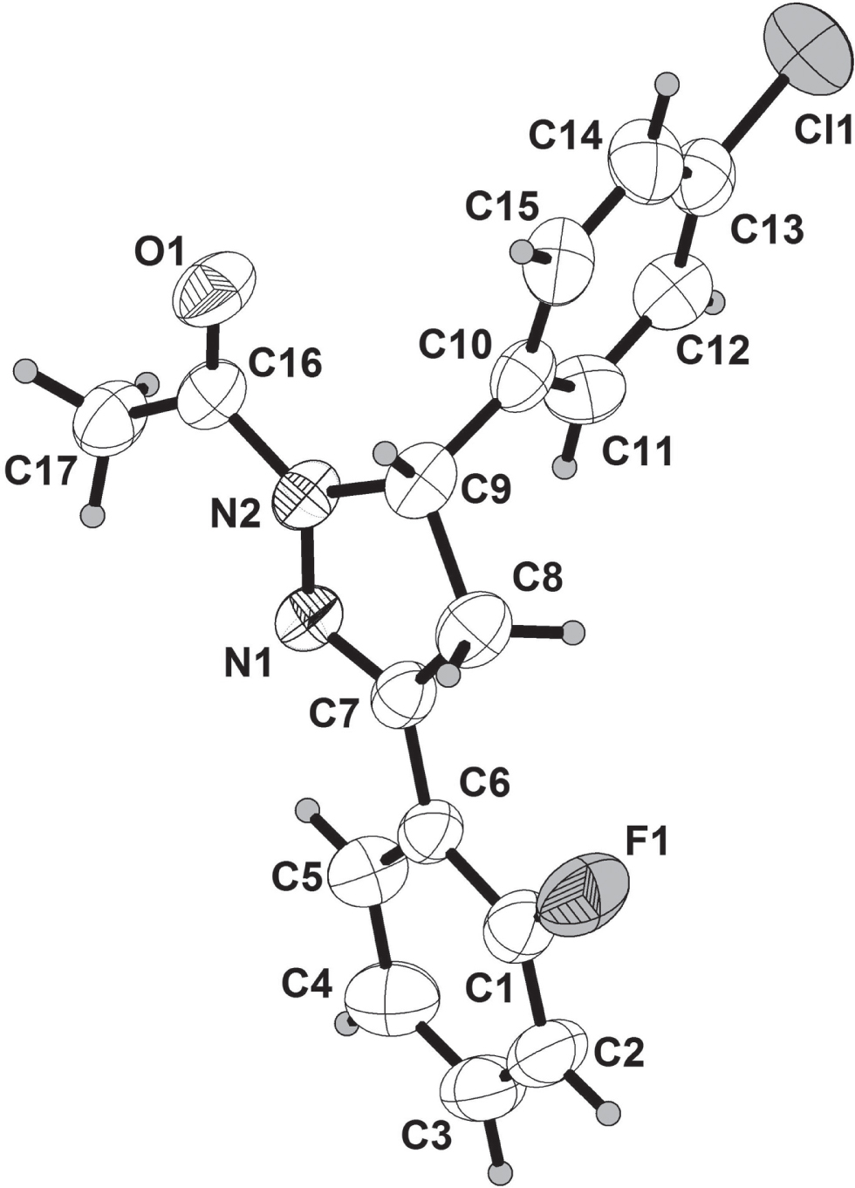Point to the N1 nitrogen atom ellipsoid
point(310,618)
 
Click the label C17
point(38,472)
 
